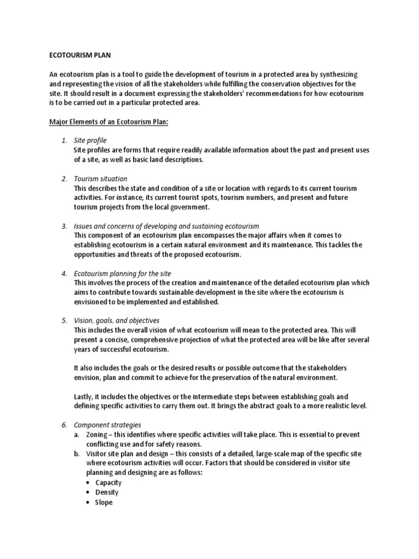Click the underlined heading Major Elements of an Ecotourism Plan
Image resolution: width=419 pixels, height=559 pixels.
point(110,122)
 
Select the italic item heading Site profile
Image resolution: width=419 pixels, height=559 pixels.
point(90,140)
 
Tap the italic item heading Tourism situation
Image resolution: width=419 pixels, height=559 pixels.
point(100,179)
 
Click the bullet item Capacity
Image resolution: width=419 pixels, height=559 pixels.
point(109,483)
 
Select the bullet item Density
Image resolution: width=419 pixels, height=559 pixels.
point(107,492)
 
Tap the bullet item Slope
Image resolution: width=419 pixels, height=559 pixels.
point(104,502)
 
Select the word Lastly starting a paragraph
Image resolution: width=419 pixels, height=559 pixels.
point(85,396)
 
